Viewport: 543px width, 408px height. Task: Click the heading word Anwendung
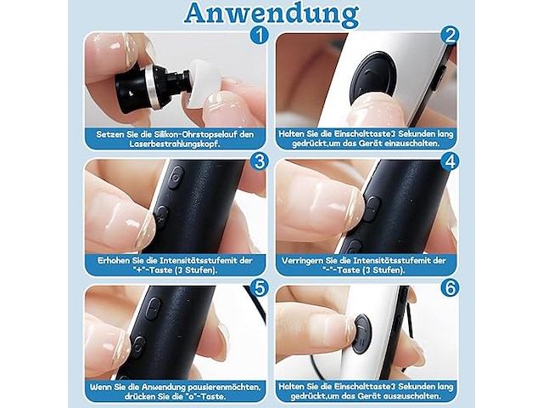pos(271,14)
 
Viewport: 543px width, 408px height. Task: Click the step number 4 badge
pos(450,161)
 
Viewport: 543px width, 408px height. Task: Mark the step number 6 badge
pos(450,288)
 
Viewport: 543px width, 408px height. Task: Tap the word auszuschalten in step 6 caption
pos(417,397)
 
